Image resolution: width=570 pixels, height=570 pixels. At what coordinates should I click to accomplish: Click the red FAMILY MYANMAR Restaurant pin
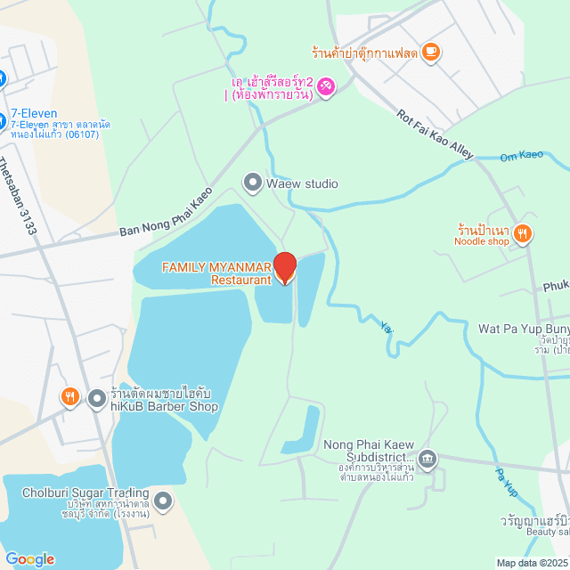(x=284, y=267)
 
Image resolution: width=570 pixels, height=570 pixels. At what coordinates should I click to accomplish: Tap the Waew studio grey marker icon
(x=252, y=183)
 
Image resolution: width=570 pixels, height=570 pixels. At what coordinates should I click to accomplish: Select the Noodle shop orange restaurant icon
(x=523, y=234)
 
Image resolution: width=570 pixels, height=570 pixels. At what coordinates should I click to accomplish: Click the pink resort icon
(x=326, y=85)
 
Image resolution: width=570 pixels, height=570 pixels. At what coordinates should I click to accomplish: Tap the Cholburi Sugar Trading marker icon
(x=162, y=501)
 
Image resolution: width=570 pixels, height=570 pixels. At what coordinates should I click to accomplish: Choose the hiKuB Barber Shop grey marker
(x=96, y=397)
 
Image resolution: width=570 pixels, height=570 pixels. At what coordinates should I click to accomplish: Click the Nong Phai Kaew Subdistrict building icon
(x=427, y=459)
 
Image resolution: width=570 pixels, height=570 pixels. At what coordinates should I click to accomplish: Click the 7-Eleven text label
(x=34, y=114)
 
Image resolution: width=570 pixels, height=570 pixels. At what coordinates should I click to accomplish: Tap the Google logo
(x=28, y=559)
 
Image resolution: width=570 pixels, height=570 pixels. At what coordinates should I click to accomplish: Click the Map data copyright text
(x=532, y=563)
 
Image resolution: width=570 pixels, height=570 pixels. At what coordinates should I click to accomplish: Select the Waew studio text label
(x=303, y=184)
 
